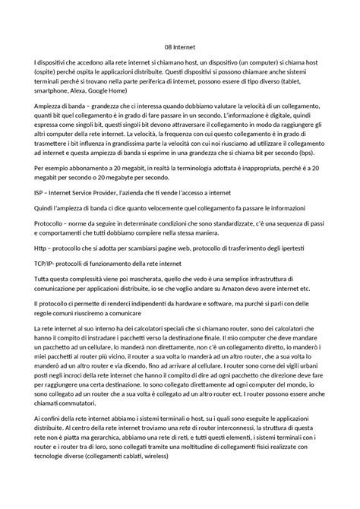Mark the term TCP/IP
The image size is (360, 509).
(x=44, y=262)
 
